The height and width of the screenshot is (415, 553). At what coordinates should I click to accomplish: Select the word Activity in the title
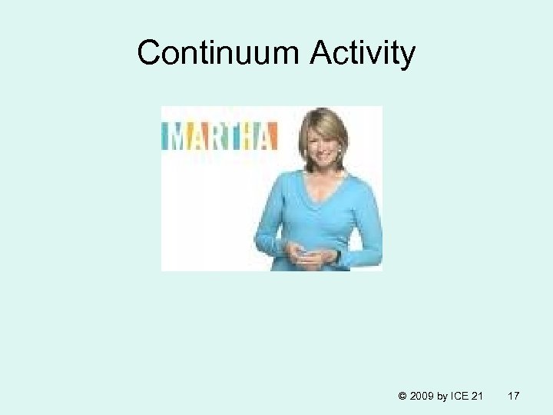[x=364, y=53]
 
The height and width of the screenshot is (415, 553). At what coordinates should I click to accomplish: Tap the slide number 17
[x=514, y=396]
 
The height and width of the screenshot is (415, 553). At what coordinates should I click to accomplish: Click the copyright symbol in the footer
[x=403, y=396]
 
